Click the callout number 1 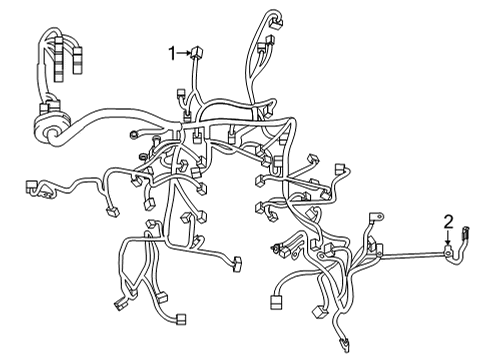click(172, 53)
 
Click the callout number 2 click(449, 222)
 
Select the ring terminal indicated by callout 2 click(449, 254)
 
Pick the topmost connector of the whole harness click(276, 20)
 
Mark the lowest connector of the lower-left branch click(181, 320)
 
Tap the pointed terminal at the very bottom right click(343, 345)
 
